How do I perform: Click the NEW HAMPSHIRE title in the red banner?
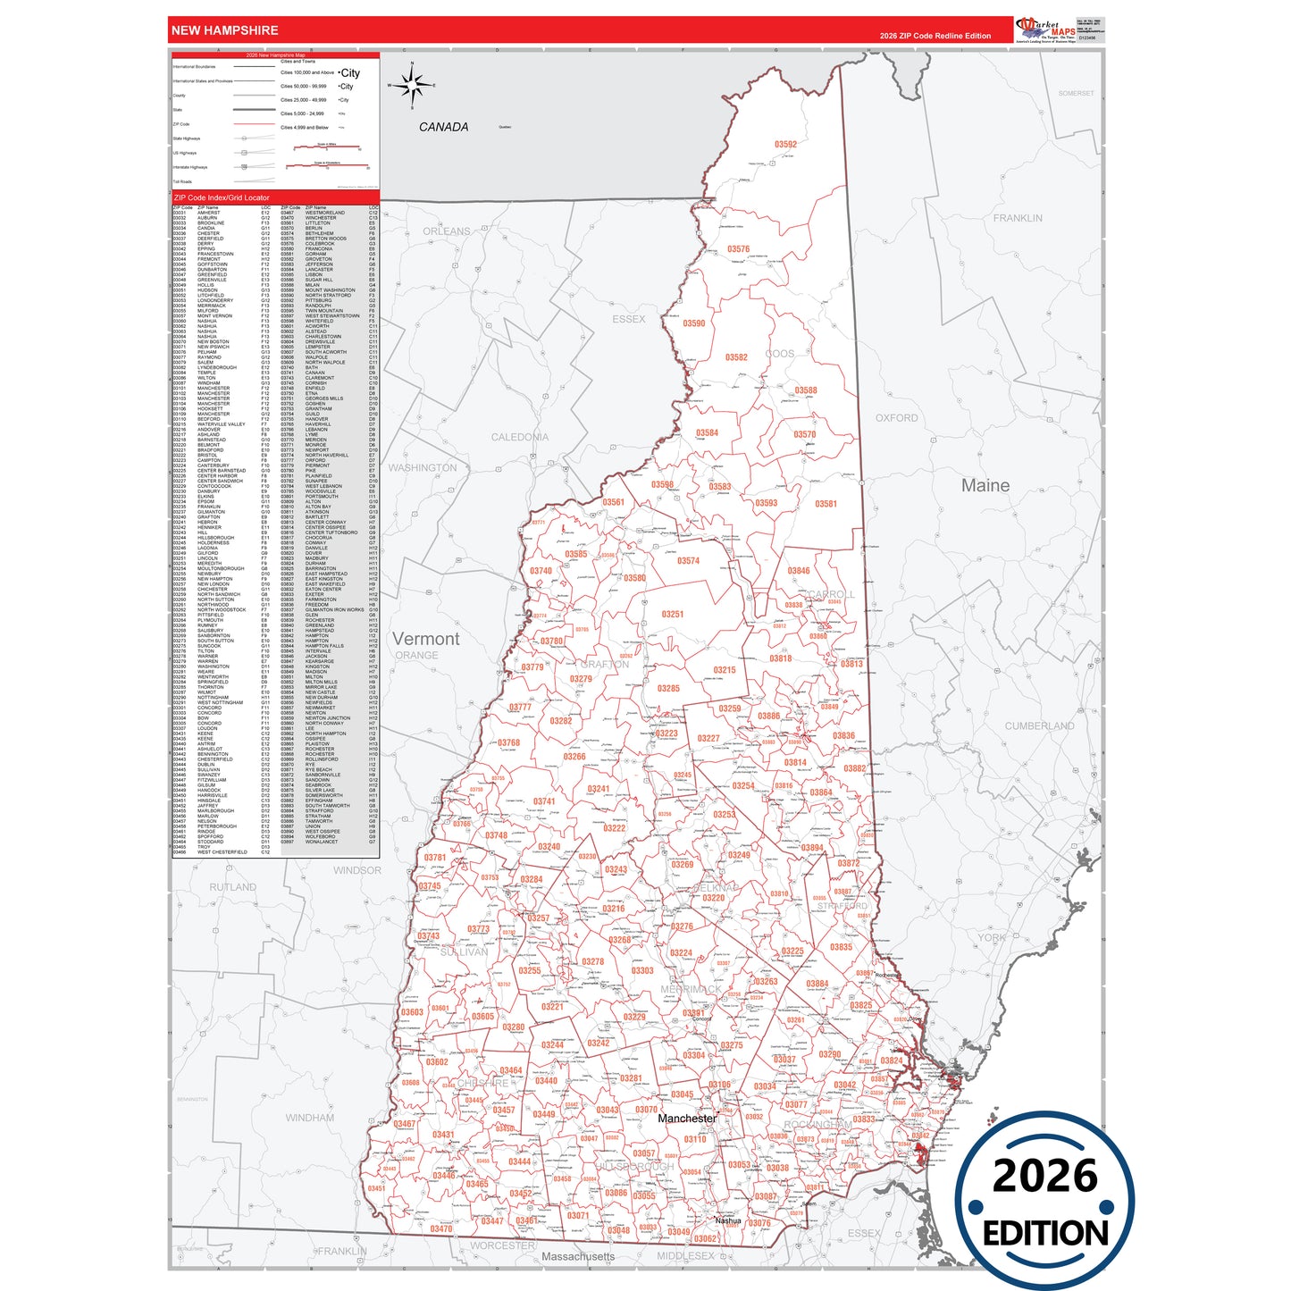point(224,30)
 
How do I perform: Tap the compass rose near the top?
point(412,86)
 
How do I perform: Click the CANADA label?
point(443,127)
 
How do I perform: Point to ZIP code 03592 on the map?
point(785,144)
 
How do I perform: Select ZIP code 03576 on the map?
point(738,249)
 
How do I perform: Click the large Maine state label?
point(985,486)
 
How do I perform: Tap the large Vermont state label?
point(426,639)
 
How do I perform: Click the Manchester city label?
point(687,1118)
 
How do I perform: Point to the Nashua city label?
point(727,1220)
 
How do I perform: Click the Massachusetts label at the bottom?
point(578,1256)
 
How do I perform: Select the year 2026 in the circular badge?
point(1044,1176)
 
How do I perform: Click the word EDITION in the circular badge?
point(1045,1233)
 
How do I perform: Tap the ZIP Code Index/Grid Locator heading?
point(222,197)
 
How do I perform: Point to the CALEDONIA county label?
point(520,437)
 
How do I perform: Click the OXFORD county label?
point(896,417)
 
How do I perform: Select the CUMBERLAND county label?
point(1039,725)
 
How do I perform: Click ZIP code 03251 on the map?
point(672,614)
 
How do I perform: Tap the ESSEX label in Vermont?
point(628,319)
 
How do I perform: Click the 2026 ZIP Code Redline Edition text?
point(935,36)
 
